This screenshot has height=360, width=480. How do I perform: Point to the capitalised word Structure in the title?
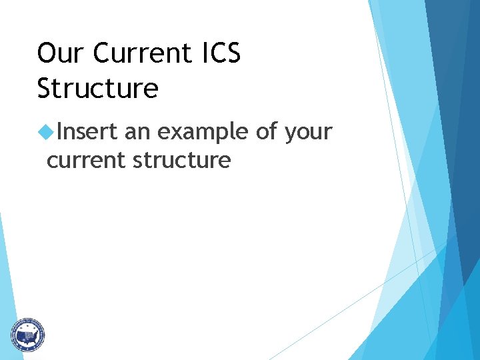coord(98,89)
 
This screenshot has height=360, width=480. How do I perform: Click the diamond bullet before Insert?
coord(45,133)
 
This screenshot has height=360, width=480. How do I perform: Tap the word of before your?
coord(267,132)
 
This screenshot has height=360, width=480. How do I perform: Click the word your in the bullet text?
coord(308,133)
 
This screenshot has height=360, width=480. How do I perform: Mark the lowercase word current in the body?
coord(85,161)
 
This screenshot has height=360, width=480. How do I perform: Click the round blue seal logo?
coord(27,334)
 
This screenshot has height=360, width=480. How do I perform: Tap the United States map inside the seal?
coord(27,333)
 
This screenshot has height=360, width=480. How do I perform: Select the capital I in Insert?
coord(59,132)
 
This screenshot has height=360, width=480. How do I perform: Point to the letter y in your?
coord(290,135)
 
